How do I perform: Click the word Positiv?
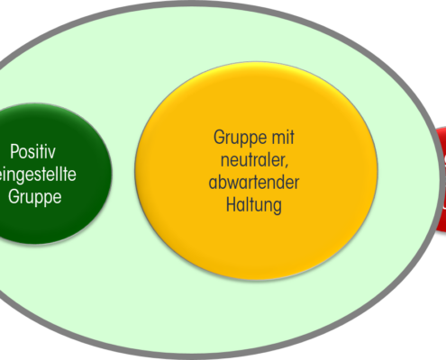[32, 151]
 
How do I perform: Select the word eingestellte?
[38, 175]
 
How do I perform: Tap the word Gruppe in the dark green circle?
[35, 197]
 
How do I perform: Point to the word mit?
[283, 138]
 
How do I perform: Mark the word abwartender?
[254, 182]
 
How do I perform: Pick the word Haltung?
[254, 205]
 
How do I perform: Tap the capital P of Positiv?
[14, 151]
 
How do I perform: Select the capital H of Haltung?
[231, 204]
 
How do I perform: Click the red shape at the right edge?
[441, 179]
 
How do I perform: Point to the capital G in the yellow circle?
[219, 138]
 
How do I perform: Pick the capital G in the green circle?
[14, 197]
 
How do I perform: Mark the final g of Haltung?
[277, 208]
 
